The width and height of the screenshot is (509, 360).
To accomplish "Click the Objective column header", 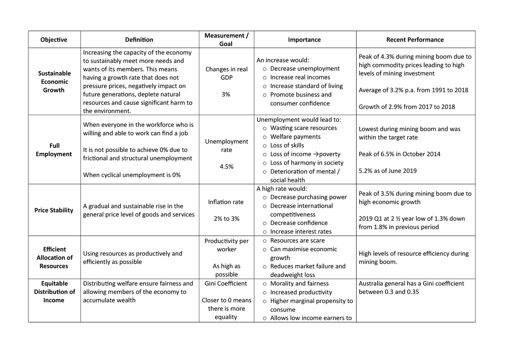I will tap(53, 39).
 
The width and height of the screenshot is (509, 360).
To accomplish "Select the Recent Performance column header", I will tap(415, 39).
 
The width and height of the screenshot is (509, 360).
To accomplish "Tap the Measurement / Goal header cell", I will tap(226, 39).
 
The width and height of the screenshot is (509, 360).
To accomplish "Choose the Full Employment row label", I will tap(53, 150).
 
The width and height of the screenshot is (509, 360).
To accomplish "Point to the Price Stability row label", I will tap(53, 210).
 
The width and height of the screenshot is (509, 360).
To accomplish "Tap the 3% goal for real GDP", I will tap(226, 94).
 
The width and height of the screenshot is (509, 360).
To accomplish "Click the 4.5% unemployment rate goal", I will tap(226, 167).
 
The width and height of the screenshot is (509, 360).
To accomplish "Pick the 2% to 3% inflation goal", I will tap(226, 219).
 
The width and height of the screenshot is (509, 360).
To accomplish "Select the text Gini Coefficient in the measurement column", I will tap(226, 283).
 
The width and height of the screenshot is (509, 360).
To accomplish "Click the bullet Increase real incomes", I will tap(300, 77).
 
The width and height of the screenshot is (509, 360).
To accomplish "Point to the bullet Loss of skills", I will tap(287, 145).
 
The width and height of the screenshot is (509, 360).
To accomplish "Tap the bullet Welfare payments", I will tap(295, 137).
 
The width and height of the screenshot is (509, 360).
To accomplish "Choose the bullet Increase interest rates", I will tap(301, 231).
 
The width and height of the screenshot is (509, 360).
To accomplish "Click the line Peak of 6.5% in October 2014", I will tap(400, 154).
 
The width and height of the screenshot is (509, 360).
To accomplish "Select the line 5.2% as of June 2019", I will tap(388, 171).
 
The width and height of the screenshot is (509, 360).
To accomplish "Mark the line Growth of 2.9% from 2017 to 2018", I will tap(406, 107).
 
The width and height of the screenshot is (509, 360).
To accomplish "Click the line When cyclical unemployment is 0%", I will tap(131, 175).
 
